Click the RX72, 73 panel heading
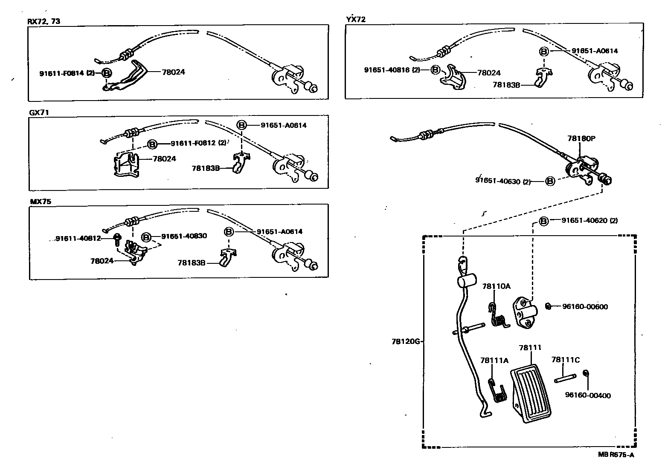[x=44, y=21]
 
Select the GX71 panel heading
[x=37, y=112]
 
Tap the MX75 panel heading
[x=40, y=202]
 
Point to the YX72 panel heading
[x=355, y=19]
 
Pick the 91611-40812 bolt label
[x=78, y=238]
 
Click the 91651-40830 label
[x=184, y=236]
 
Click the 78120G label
[x=406, y=341]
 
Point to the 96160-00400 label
[x=587, y=395]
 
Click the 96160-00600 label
[x=585, y=306]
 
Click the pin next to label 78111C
[x=565, y=378]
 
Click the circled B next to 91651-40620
[x=543, y=221]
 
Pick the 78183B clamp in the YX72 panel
[x=542, y=78]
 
